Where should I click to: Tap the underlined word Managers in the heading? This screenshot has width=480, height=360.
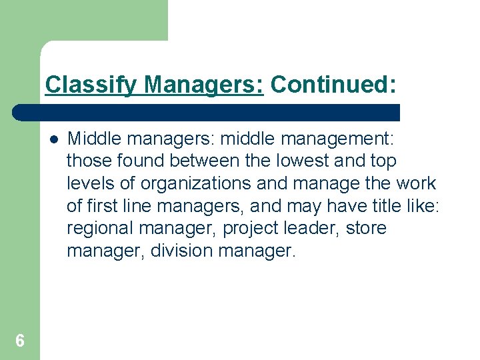tap(204, 85)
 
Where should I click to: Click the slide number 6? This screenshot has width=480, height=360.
tap(20, 341)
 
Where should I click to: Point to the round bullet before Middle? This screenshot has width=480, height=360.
tap(53, 139)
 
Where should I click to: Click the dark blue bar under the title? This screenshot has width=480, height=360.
tap(207, 112)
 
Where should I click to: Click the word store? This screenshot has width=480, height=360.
tap(366, 229)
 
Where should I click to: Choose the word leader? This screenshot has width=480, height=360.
tap(311, 229)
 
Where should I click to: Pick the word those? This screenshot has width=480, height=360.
tap(89, 161)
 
